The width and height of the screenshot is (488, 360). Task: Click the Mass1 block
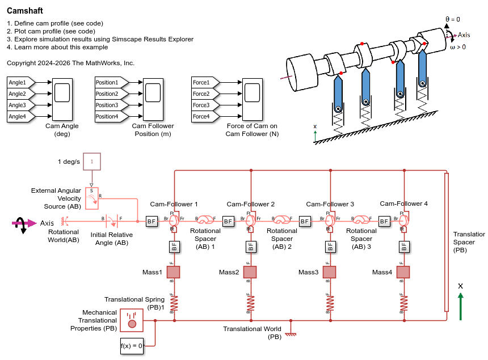174,272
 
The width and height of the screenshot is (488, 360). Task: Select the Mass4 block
403,272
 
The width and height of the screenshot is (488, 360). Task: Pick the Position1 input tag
108,82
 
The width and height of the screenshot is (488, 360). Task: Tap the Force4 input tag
202,116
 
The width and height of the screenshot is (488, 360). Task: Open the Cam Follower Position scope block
153,99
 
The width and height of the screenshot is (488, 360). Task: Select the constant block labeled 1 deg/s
92,162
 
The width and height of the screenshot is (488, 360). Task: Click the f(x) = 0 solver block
132,345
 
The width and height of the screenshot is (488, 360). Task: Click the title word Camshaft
24,11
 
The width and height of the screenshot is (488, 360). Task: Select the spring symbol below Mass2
251,303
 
